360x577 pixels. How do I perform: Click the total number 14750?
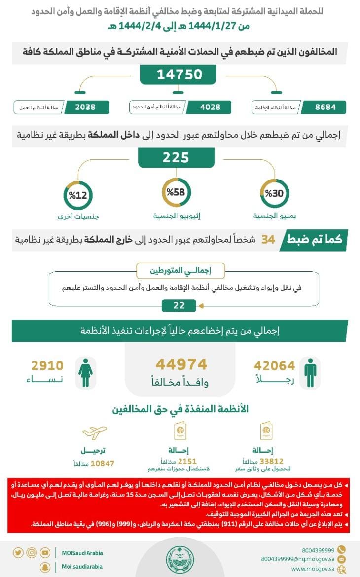click(x=180, y=74)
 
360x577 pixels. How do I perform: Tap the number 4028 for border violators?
click(x=203, y=107)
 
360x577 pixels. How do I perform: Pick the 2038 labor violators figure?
click(x=85, y=107)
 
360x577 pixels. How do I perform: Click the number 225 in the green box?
click(x=176, y=157)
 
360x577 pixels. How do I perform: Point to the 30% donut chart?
click(x=274, y=194)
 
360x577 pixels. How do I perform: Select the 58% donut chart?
click(x=176, y=193)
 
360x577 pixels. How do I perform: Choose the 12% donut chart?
click(x=78, y=195)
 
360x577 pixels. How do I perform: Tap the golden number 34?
click(x=268, y=240)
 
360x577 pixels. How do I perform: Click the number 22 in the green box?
click(x=179, y=306)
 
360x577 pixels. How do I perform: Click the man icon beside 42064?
click(x=310, y=372)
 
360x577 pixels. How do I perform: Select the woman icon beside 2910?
click(x=85, y=372)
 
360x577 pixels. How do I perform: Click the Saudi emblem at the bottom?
click(x=180, y=557)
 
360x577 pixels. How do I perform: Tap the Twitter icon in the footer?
click(x=18, y=553)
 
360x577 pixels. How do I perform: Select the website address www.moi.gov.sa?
click(x=313, y=569)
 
